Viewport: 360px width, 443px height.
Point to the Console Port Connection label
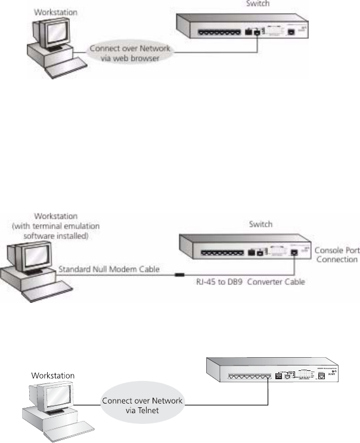point(336,256)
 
